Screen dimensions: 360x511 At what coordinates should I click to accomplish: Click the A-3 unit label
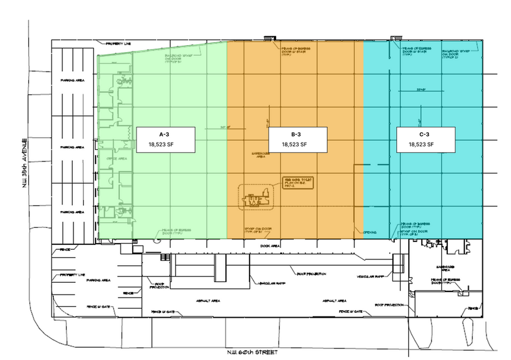click(x=165, y=134)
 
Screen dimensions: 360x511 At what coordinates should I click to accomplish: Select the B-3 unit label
click(x=295, y=134)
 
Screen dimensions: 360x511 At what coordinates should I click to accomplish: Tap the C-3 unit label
click(x=423, y=134)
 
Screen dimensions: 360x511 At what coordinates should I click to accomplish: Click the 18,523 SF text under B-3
click(x=295, y=145)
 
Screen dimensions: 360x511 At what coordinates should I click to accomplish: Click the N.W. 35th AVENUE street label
click(x=25, y=164)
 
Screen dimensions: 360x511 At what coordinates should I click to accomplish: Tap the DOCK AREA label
click(x=270, y=246)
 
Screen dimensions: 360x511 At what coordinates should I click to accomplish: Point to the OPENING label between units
click(x=370, y=233)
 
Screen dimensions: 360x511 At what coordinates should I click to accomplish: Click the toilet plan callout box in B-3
click(x=297, y=182)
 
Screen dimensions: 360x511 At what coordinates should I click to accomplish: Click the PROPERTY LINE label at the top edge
click(x=118, y=44)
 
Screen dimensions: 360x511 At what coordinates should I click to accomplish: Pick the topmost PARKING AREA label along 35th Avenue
click(x=72, y=80)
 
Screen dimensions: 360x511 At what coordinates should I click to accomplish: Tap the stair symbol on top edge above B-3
click(x=269, y=39)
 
